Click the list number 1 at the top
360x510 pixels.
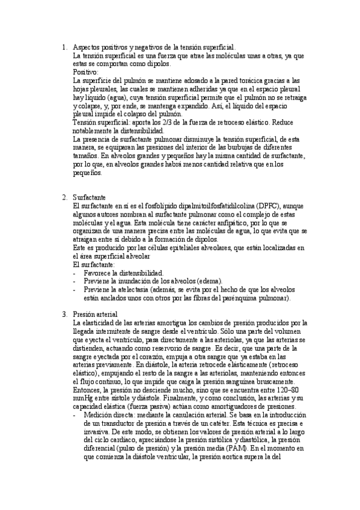[x=64, y=46]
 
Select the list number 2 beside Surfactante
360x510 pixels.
[x=64, y=197]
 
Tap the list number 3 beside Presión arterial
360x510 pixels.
[x=64, y=314]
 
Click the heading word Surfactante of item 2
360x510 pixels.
[x=90, y=197]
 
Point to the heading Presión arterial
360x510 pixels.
[x=95, y=314]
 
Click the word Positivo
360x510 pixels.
[x=87, y=72]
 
